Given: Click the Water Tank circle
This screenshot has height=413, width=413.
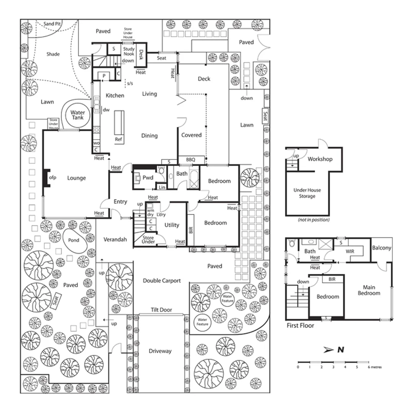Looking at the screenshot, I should tap(78, 115).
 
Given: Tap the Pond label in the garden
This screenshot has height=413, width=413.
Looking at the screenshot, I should tap(73, 240).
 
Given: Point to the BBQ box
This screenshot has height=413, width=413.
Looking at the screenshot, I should tap(190, 159).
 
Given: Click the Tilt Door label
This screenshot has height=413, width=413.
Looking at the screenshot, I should tap(161, 310).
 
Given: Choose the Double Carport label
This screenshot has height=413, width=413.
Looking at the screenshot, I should tap(161, 281).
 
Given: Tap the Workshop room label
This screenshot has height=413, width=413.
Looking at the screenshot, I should tap(320, 159).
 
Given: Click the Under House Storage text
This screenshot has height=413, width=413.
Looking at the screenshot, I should tap(307, 193).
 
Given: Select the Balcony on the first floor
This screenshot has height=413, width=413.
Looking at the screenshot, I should tap(382, 248).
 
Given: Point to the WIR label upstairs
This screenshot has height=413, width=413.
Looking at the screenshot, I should tap(350, 251).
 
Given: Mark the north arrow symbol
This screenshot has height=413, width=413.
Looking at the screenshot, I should tap(328, 350).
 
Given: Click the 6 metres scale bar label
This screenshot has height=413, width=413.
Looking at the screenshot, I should tap(374, 367).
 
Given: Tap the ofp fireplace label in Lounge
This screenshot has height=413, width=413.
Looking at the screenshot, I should tap(52, 178).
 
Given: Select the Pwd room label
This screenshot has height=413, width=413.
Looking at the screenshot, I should tap(148, 178).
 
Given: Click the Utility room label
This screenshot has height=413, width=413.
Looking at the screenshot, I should tap(172, 225).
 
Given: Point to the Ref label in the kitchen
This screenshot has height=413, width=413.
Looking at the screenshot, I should tap(119, 140).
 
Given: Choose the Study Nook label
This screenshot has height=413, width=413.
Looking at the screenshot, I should tap(128, 52).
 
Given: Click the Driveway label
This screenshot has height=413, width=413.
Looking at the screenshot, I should tap(160, 351).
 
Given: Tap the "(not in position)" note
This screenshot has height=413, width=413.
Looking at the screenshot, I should tap(307, 220).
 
